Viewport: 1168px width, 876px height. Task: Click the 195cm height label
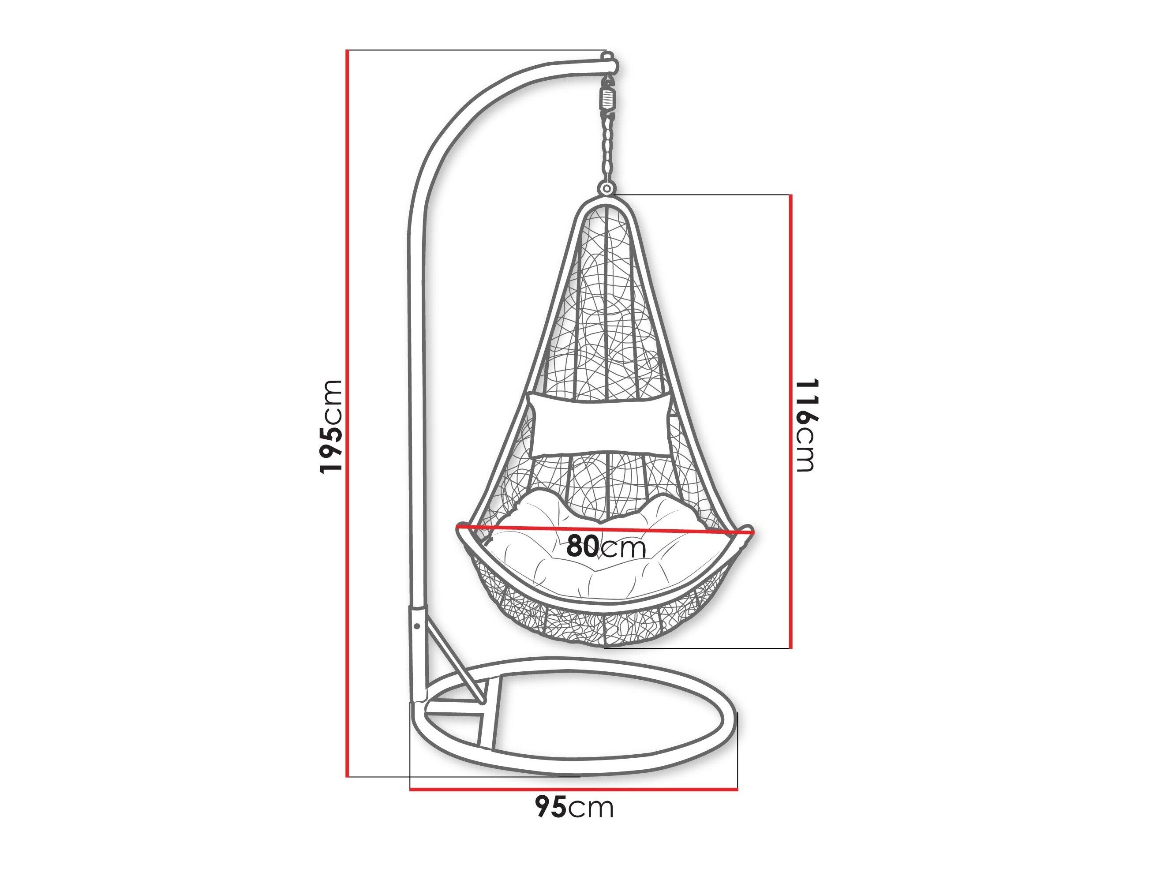[332, 426]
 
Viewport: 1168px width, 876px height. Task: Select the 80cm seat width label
[606, 547]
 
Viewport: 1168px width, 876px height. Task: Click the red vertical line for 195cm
[348, 413]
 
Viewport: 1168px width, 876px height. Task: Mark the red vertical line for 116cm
[790, 421]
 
